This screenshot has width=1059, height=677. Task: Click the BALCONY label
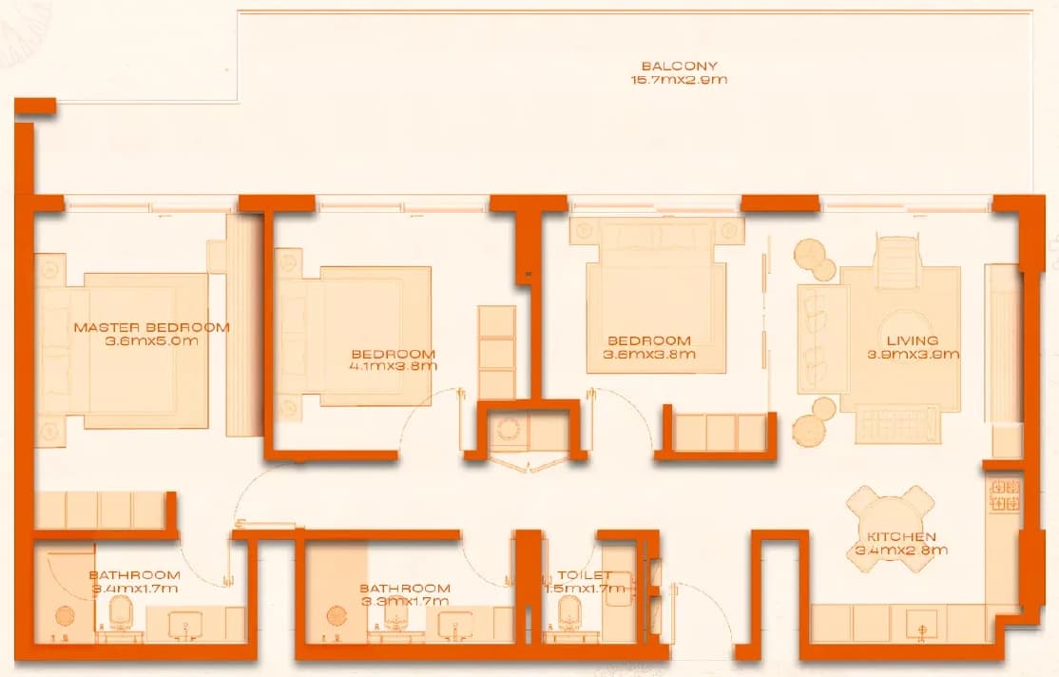point(680,67)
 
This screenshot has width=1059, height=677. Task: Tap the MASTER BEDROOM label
point(152,328)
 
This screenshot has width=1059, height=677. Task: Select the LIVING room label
point(913,340)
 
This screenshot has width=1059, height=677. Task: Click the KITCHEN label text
point(901,537)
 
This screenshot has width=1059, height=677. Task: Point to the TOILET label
point(585,575)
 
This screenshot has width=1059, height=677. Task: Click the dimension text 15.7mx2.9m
point(680,80)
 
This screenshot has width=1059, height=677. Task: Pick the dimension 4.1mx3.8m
point(394,366)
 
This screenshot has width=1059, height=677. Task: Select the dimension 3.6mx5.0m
point(152,340)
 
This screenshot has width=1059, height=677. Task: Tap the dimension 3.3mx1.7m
point(405,601)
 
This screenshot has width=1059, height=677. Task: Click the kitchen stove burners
point(1005,494)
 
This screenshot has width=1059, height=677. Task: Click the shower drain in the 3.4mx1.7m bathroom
point(65,616)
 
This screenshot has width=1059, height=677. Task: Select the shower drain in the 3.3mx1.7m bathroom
point(337,616)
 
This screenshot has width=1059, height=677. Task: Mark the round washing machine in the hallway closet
point(508,429)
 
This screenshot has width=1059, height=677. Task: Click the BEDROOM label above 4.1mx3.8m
point(394,354)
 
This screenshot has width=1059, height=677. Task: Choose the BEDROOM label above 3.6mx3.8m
point(649,341)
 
